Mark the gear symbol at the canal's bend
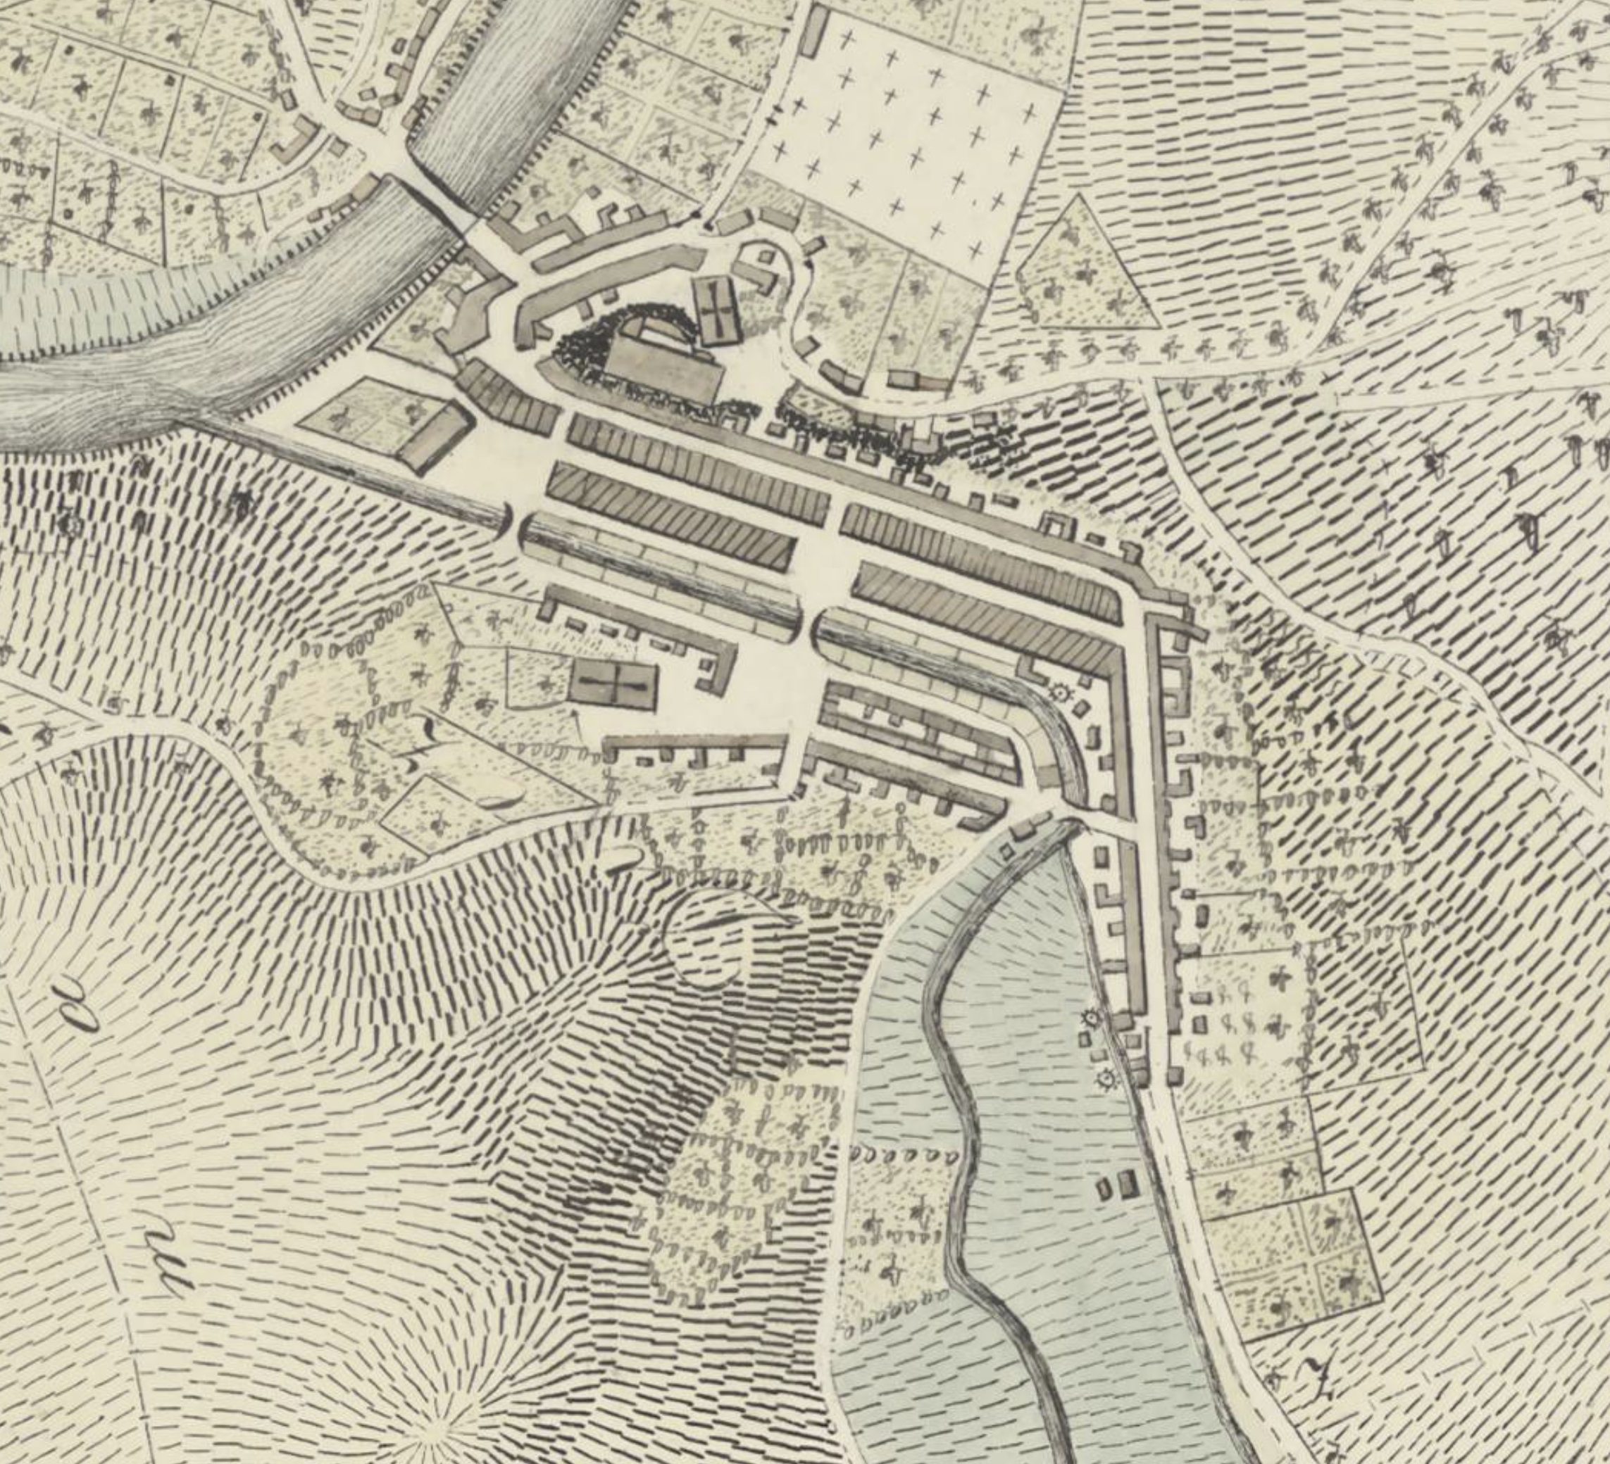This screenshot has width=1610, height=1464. [x=1060, y=692]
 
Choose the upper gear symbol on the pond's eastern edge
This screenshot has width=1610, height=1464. [x=1090, y=1018]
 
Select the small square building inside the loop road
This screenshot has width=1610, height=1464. [x=767, y=257]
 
